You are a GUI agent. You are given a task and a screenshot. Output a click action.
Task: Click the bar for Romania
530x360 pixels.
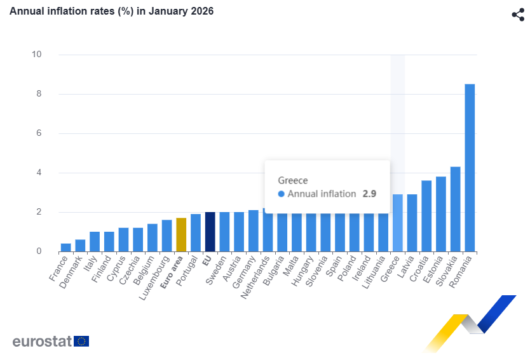[x=470, y=168]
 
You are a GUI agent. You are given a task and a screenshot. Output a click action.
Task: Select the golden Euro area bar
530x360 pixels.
[x=181, y=235]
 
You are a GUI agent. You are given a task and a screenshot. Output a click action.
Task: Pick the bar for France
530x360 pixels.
[x=65, y=248]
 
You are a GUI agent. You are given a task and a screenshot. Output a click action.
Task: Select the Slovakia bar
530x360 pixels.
[x=455, y=210]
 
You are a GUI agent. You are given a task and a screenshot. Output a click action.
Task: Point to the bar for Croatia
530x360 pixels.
[x=426, y=217]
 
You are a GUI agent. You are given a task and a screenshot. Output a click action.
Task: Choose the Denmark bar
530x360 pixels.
[x=80, y=246]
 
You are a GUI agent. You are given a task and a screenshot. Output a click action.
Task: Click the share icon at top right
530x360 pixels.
[x=517, y=15]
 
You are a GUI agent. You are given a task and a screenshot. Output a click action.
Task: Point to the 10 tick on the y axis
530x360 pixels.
[x=37, y=55]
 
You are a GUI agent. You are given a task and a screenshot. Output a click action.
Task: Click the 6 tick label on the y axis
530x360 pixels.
[x=39, y=133]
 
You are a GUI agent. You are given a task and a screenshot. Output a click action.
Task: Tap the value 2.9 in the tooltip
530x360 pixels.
[x=369, y=194]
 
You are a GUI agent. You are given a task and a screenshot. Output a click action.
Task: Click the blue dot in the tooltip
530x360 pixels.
[x=282, y=194]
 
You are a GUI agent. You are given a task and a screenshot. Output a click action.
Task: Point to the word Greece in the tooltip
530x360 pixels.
[x=293, y=180]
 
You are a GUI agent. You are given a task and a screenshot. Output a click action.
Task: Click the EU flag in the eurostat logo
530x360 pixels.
[x=81, y=341]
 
